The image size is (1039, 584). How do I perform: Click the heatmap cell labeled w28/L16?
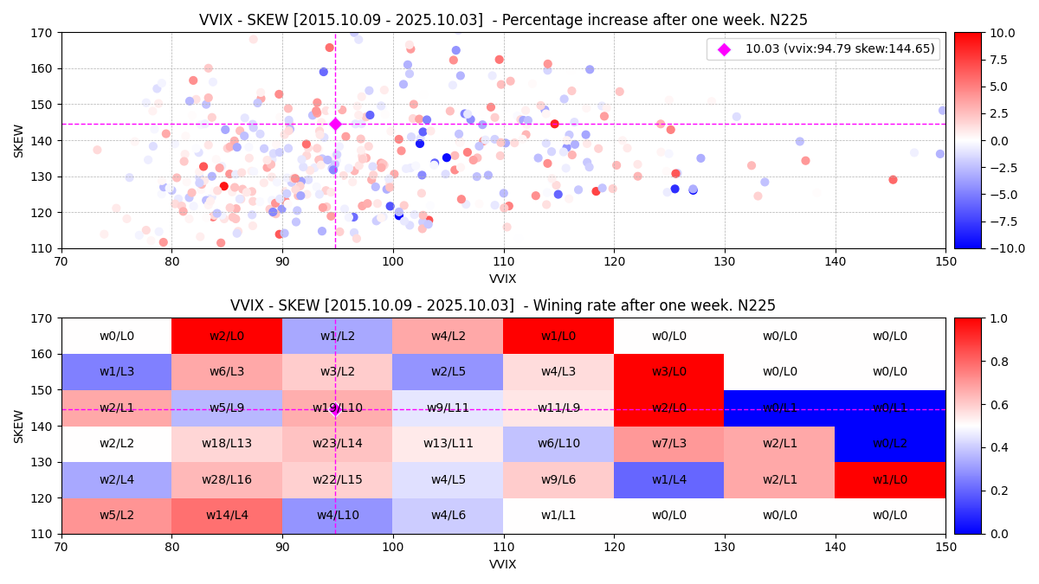pos(227,479)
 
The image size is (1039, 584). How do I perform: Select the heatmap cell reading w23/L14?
pos(337,443)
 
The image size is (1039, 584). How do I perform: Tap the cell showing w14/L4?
pos(227,516)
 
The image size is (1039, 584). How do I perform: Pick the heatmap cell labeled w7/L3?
pos(668,443)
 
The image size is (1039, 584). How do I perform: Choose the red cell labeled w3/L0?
pos(668,371)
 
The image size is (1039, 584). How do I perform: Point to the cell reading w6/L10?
pos(558,443)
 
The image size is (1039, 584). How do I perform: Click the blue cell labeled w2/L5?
pos(448,371)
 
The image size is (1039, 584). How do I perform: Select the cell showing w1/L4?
pos(668,479)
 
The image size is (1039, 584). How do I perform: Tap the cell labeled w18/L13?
pos(227,443)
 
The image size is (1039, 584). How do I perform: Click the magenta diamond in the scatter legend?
pos(724,49)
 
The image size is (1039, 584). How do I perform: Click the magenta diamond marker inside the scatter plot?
pos(335,124)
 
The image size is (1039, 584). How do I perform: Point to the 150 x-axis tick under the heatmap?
pos(945,547)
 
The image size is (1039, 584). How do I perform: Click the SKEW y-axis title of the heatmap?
pos(19,426)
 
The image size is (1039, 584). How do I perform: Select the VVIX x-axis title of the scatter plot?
pos(503,279)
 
